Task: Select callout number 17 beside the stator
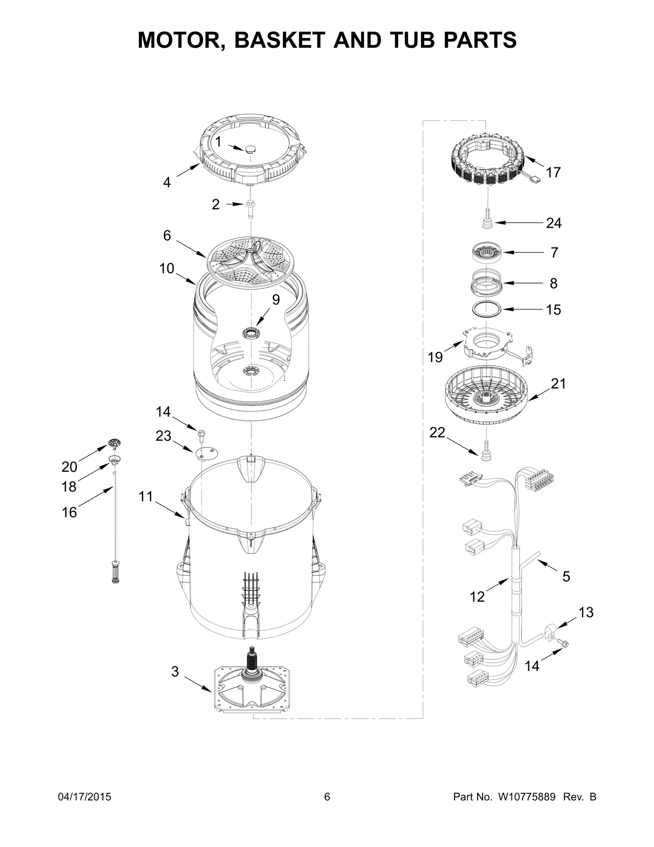click(x=553, y=173)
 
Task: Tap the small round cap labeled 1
click(x=250, y=149)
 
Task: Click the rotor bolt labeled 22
click(x=486, y=450)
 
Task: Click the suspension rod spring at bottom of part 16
click(x=116, y=572)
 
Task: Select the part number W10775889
click(x=526, y=797)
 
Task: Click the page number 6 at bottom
click(x=327, y=797)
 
